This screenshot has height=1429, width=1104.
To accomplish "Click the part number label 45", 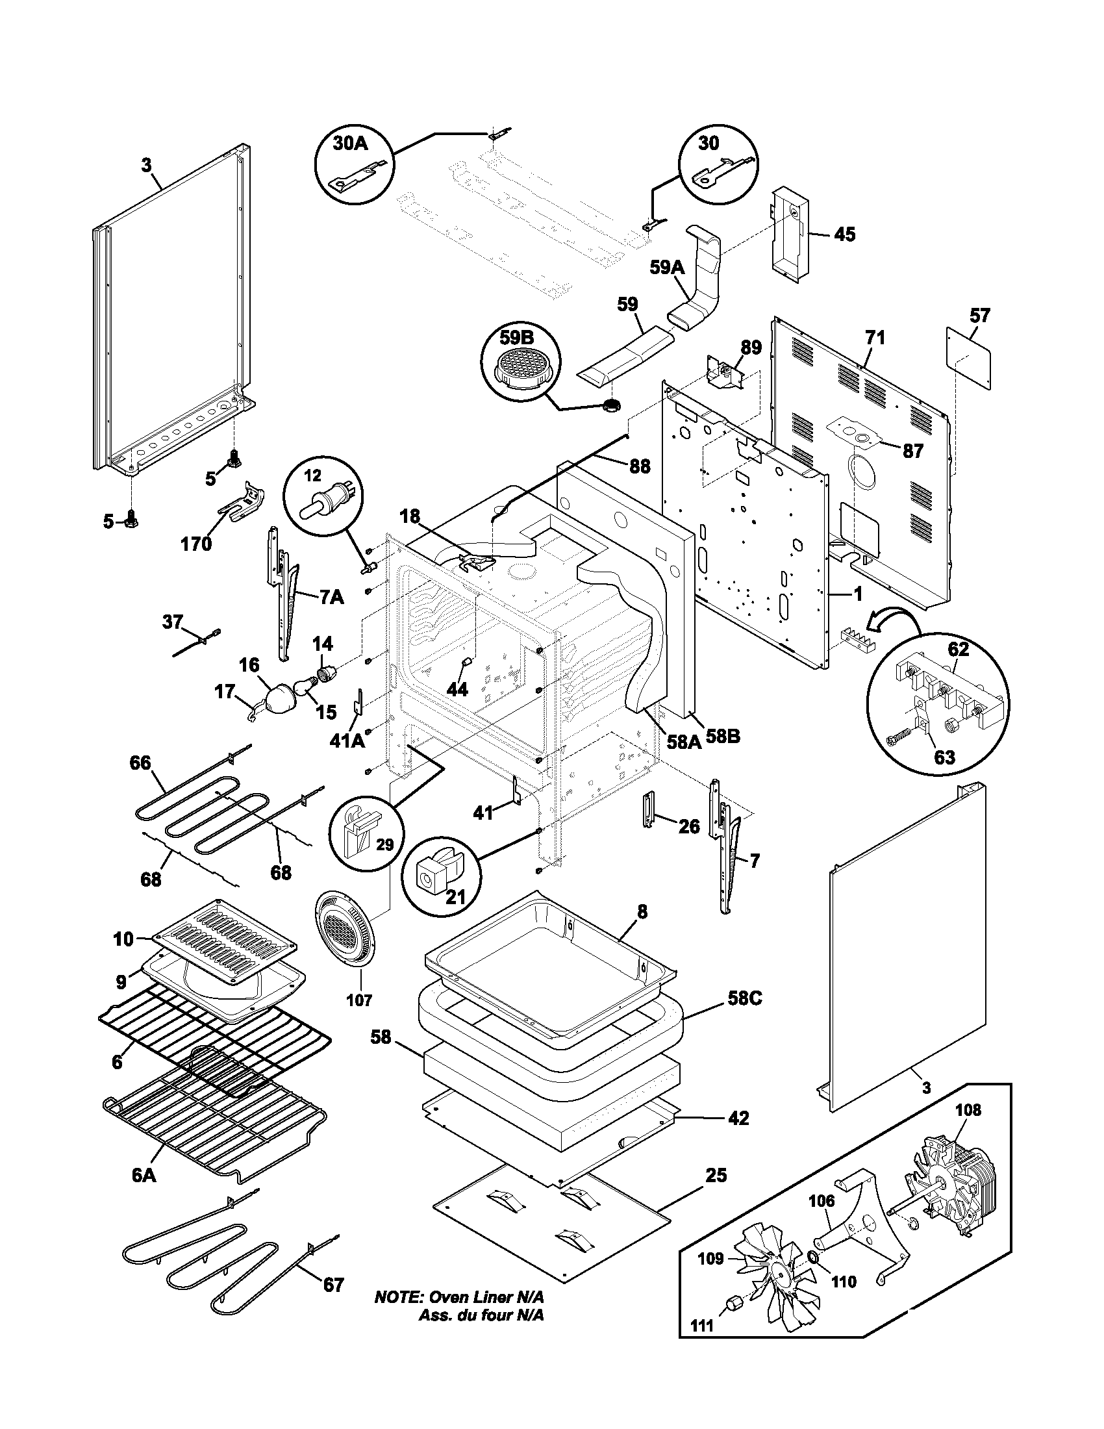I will [845, 234].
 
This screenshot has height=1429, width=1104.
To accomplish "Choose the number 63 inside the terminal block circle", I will [944, 757].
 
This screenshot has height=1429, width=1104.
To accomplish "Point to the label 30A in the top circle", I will [351, 144].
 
